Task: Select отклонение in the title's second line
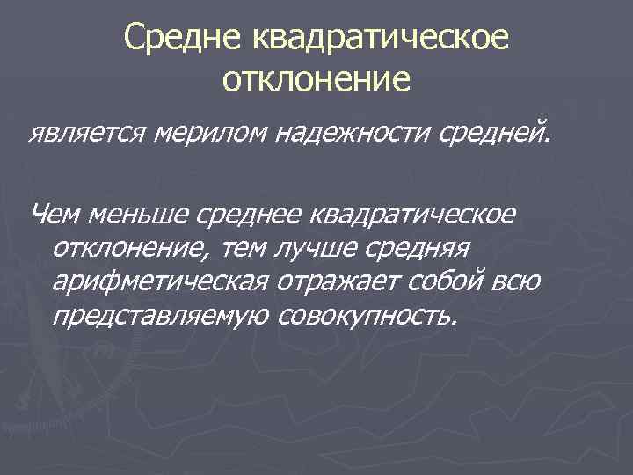(316, 80)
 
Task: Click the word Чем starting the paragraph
(55, 213)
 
